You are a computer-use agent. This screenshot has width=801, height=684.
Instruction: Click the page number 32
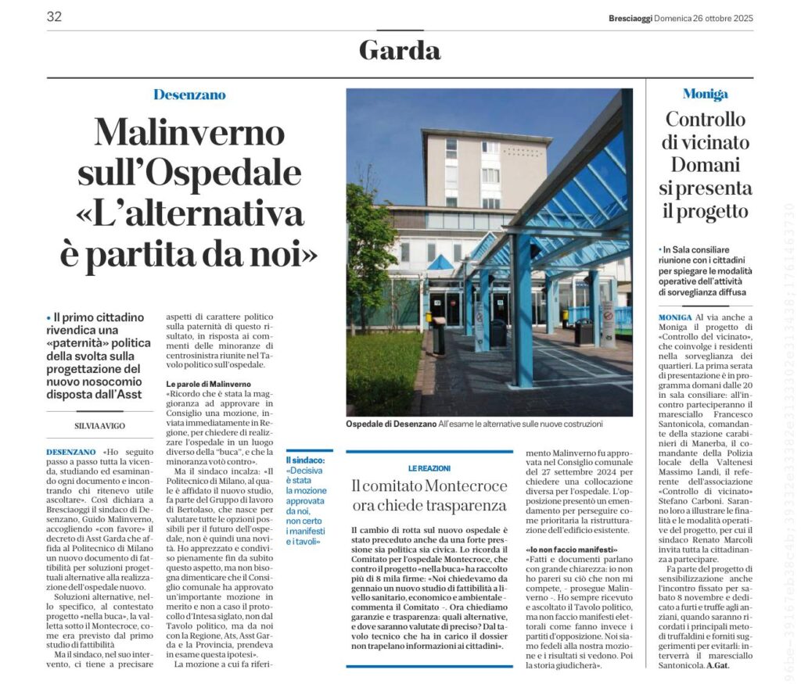pyautogui.click(x=54, y=16)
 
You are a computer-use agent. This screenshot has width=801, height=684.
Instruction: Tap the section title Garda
pyautogui.click(x=400, y=50)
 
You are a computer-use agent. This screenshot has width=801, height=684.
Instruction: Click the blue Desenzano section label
pyautogui.click(x=189, y=95)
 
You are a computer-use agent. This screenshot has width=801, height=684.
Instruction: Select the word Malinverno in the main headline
pyautogui.click(x=189, y=133)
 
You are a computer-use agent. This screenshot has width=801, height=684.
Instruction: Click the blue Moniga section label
pyautogui.click(x=705, y=95)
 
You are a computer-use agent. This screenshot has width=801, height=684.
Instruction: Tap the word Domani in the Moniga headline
pyautogui.click(x=705, y=165)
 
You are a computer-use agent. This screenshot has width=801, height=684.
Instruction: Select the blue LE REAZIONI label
pyautogui.click(x=429, y=467)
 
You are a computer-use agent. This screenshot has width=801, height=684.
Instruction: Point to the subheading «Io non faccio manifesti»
pyautogui.click(x=566, y=550)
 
